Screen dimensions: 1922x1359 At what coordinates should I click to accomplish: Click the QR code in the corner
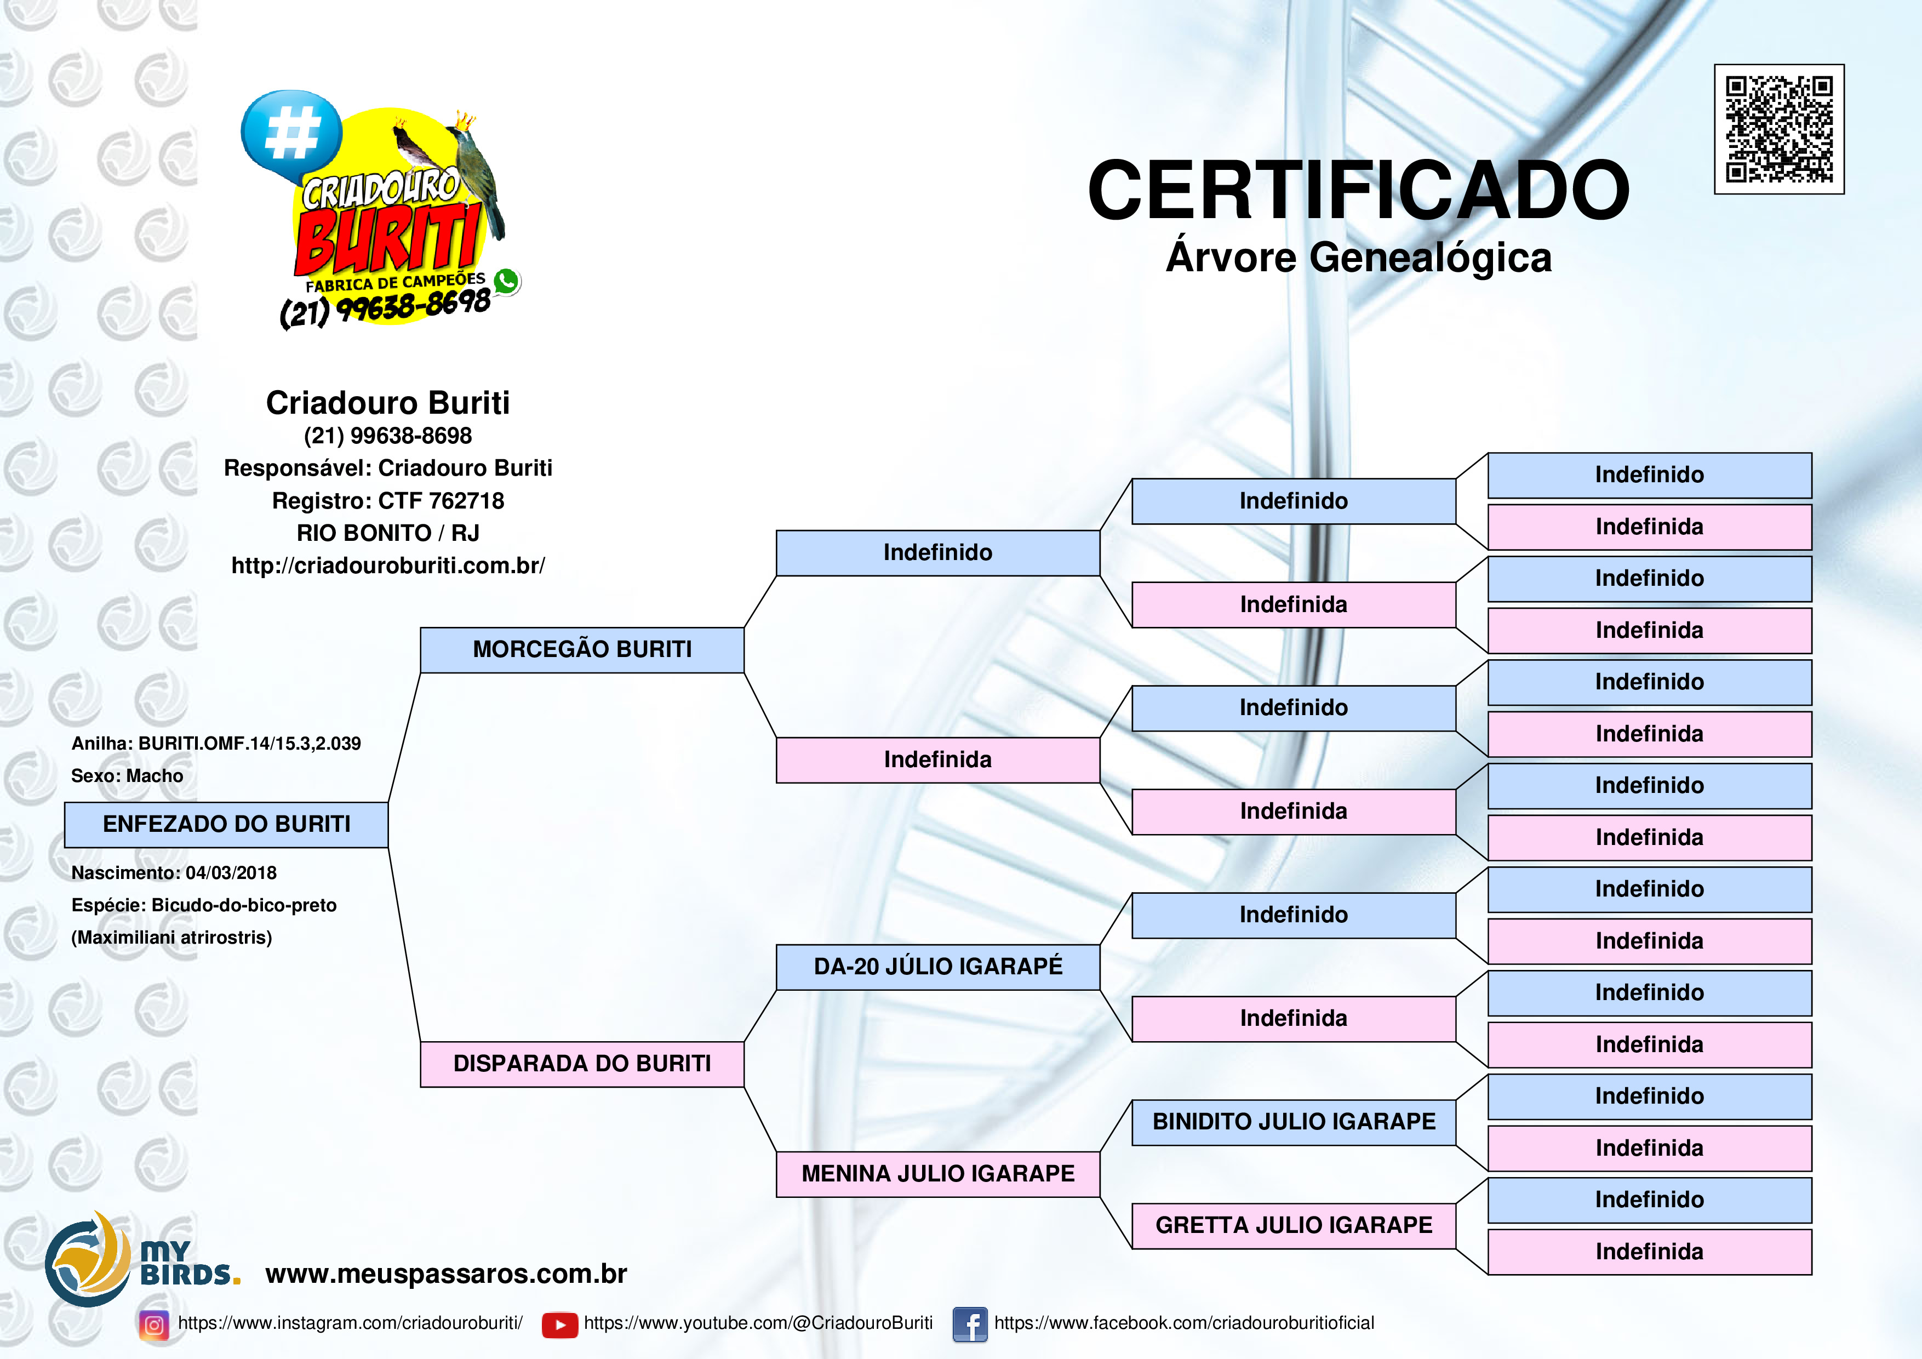1779,129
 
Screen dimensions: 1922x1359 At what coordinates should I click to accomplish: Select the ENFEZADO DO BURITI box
226,825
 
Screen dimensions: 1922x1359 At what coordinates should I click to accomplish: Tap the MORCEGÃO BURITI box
582,650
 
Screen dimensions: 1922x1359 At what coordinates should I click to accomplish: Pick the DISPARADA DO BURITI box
582,1064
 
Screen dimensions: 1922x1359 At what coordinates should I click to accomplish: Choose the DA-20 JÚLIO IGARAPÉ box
937,967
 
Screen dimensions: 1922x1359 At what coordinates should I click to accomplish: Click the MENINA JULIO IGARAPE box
937,1174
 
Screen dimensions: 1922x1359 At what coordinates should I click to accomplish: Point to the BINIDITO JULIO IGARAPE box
1294,1122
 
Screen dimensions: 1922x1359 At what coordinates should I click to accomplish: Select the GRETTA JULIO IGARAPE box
1294,1226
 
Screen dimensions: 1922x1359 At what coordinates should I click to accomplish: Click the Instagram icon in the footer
154,1324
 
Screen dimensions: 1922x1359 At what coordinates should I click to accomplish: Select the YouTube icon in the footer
560,1324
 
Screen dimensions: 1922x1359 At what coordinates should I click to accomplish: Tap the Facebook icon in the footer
970,1324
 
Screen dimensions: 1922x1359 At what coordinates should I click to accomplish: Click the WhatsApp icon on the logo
506,281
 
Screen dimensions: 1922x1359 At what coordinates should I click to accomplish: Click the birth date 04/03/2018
231,872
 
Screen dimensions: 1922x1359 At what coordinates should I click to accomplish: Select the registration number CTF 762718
441,501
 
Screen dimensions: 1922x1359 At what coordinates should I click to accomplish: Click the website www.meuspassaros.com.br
446,1274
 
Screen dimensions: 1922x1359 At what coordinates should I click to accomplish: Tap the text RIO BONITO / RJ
387,533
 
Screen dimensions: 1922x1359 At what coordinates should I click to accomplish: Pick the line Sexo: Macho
127,776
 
